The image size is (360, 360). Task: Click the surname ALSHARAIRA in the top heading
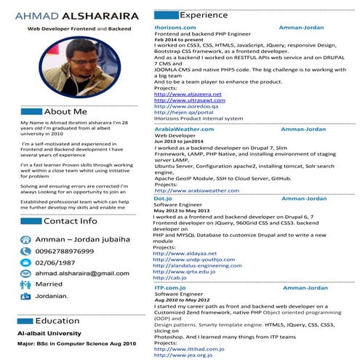[x=99, y=15]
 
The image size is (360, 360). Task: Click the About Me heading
[x=65, y=112]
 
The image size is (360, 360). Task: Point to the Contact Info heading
[x=70, y=221]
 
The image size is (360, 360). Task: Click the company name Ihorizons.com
[x=175, y=27]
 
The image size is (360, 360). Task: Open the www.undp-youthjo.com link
[x=190, y=260]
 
